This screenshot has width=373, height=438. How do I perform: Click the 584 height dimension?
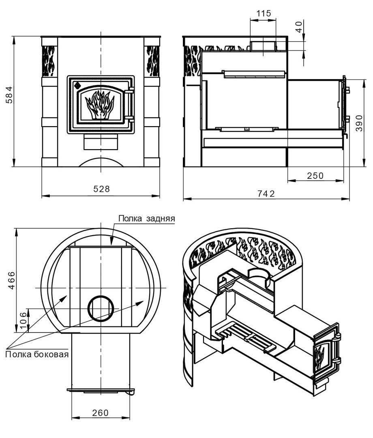point(9,95)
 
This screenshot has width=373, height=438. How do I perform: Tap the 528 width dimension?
point(102,189)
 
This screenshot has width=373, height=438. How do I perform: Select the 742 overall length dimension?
point(266,193)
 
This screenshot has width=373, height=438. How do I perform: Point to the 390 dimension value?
point(359,123)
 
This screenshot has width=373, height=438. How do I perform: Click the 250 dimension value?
point(315,176)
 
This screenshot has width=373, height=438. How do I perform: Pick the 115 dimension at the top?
point(264,13)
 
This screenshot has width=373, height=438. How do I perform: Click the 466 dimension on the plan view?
point(11,280)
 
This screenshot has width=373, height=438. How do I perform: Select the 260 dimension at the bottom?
point(101,412)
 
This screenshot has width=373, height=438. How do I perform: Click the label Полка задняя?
point(147,219)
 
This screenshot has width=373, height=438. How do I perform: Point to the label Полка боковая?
point(37,354)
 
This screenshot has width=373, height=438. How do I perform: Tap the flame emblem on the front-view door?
point(101,105)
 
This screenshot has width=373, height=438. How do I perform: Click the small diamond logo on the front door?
point(77,85)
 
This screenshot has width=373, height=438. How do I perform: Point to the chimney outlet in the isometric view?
point(259,277)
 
